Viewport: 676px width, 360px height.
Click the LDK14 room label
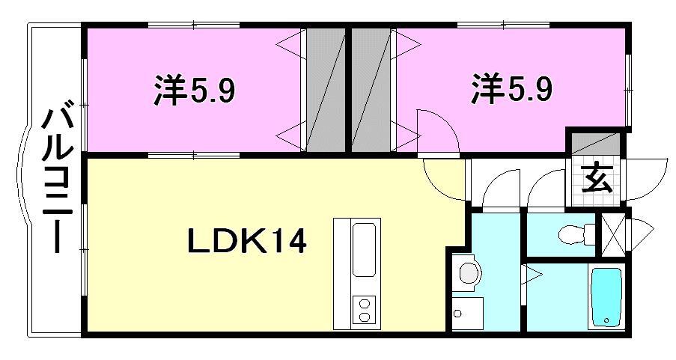tap(246, 242)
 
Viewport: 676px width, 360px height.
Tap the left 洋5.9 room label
tap(195, 91)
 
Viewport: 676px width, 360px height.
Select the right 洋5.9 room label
tap(512, 90)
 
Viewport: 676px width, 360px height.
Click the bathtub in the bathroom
tap(607, 297)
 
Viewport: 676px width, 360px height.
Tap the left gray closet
tap(323, 90)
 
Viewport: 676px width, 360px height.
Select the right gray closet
tap(372, 90)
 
